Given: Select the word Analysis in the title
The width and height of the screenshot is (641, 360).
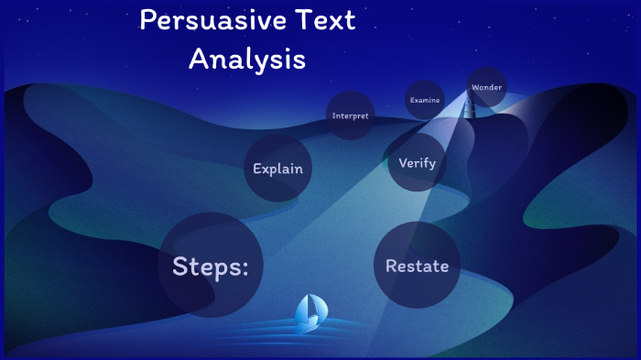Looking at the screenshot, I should click(246, 59).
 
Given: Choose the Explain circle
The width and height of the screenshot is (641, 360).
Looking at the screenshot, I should click(277, 169).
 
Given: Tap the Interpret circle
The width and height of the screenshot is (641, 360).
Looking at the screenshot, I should click(351, 116).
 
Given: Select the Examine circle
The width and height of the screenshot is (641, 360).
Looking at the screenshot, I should click(425, 99).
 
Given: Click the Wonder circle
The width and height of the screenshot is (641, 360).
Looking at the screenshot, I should click(486, 87).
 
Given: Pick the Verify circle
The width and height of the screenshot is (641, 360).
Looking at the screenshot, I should click(417, 163).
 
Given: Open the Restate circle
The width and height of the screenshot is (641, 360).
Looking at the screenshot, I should click(417, 266).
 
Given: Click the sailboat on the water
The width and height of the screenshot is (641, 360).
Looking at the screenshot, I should click(309, 313).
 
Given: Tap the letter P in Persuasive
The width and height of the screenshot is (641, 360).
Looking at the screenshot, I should click(148, 20).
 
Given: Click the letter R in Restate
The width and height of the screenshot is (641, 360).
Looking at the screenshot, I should click(391, 266).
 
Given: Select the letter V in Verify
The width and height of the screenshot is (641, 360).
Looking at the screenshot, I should click(403, 163).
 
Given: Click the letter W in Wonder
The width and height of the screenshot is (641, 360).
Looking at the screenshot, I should click(474, 87).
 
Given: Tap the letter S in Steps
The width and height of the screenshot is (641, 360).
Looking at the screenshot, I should click(182, 266).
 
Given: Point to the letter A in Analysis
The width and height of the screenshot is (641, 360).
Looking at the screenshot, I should click(197, 59).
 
